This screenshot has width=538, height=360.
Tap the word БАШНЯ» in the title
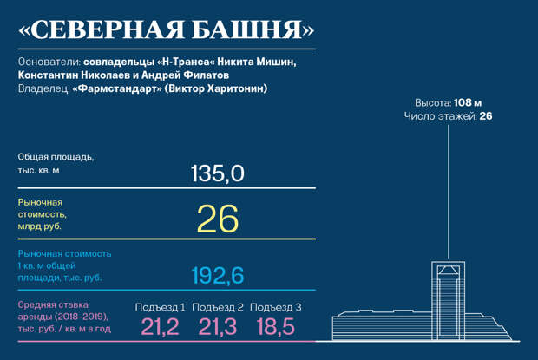coord(253,29)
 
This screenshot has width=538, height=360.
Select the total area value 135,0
coord(218,173)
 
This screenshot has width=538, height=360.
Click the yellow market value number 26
coord(218,219)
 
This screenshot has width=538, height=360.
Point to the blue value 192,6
coord(218,275)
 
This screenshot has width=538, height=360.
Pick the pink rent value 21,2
coord(160,326)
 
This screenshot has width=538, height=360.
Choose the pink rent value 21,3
coord(218,326)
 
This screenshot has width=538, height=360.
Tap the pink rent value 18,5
coord(276,326)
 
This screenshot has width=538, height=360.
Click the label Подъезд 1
coord(160,307)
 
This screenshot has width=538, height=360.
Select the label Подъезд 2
coord(218,307)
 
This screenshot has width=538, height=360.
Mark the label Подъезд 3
coord(276,307)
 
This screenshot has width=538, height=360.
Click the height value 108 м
coord(468,103)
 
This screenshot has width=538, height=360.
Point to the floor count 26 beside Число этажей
coord(486,116)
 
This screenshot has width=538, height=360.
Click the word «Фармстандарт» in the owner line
coord(117,88)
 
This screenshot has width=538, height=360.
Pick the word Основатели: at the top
coord(49,62)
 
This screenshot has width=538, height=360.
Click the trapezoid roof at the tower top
coord(448,270)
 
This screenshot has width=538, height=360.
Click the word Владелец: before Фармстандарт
coord(44,88)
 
